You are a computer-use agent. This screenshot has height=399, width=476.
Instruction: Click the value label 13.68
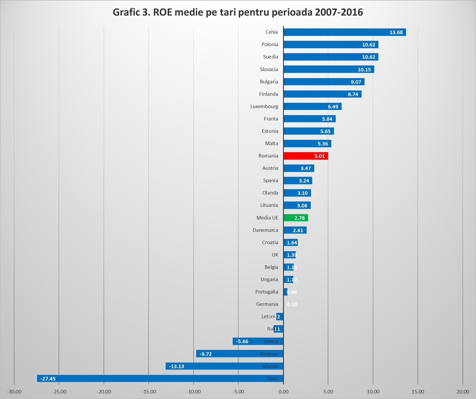click(396, 32)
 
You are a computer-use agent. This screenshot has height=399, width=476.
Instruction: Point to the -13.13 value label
click(177, 366)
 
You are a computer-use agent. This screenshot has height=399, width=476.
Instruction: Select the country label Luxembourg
click(264, 106)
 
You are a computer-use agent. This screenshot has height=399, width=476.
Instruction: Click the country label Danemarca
click(265, 230)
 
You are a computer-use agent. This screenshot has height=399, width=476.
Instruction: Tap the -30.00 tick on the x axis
click(14, 392)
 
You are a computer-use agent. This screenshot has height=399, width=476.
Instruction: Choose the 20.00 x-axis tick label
click(463, 392)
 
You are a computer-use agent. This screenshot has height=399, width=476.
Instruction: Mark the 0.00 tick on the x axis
click(284, 392)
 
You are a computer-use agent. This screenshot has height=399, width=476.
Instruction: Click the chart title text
click(238, 12)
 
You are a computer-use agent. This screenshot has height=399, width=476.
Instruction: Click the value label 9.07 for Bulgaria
click(356, 82)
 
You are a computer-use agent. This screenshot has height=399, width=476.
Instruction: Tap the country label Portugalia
click(267, 292)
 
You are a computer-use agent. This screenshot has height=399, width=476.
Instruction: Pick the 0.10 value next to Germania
click(292, 304)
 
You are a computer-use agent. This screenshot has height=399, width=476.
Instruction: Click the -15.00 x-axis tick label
click(149, 392)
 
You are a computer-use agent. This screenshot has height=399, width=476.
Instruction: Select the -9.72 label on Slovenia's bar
click(206, 354)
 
